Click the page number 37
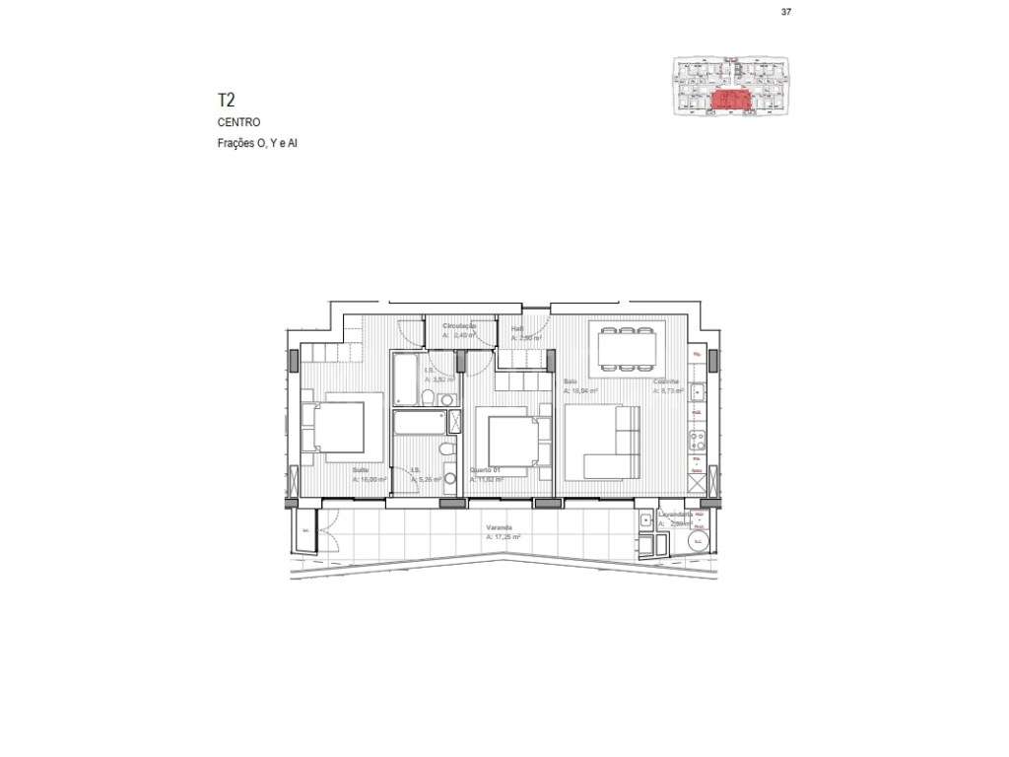[785, 12]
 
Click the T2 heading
[227, 100]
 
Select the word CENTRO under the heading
[238, 123]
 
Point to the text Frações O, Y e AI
[257, 144]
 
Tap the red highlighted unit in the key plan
[730, 100]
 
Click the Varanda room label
[499, 527]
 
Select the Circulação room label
[460, 325]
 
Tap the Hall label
[516, 329]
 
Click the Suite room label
[361, 470]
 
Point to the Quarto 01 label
[485, 470]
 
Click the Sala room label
[570, 381]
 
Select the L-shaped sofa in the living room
[602, 446]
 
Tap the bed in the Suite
[340, 429]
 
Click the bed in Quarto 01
[514, 441]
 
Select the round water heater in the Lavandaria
[698, 541]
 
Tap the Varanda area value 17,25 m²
[504, 538]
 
